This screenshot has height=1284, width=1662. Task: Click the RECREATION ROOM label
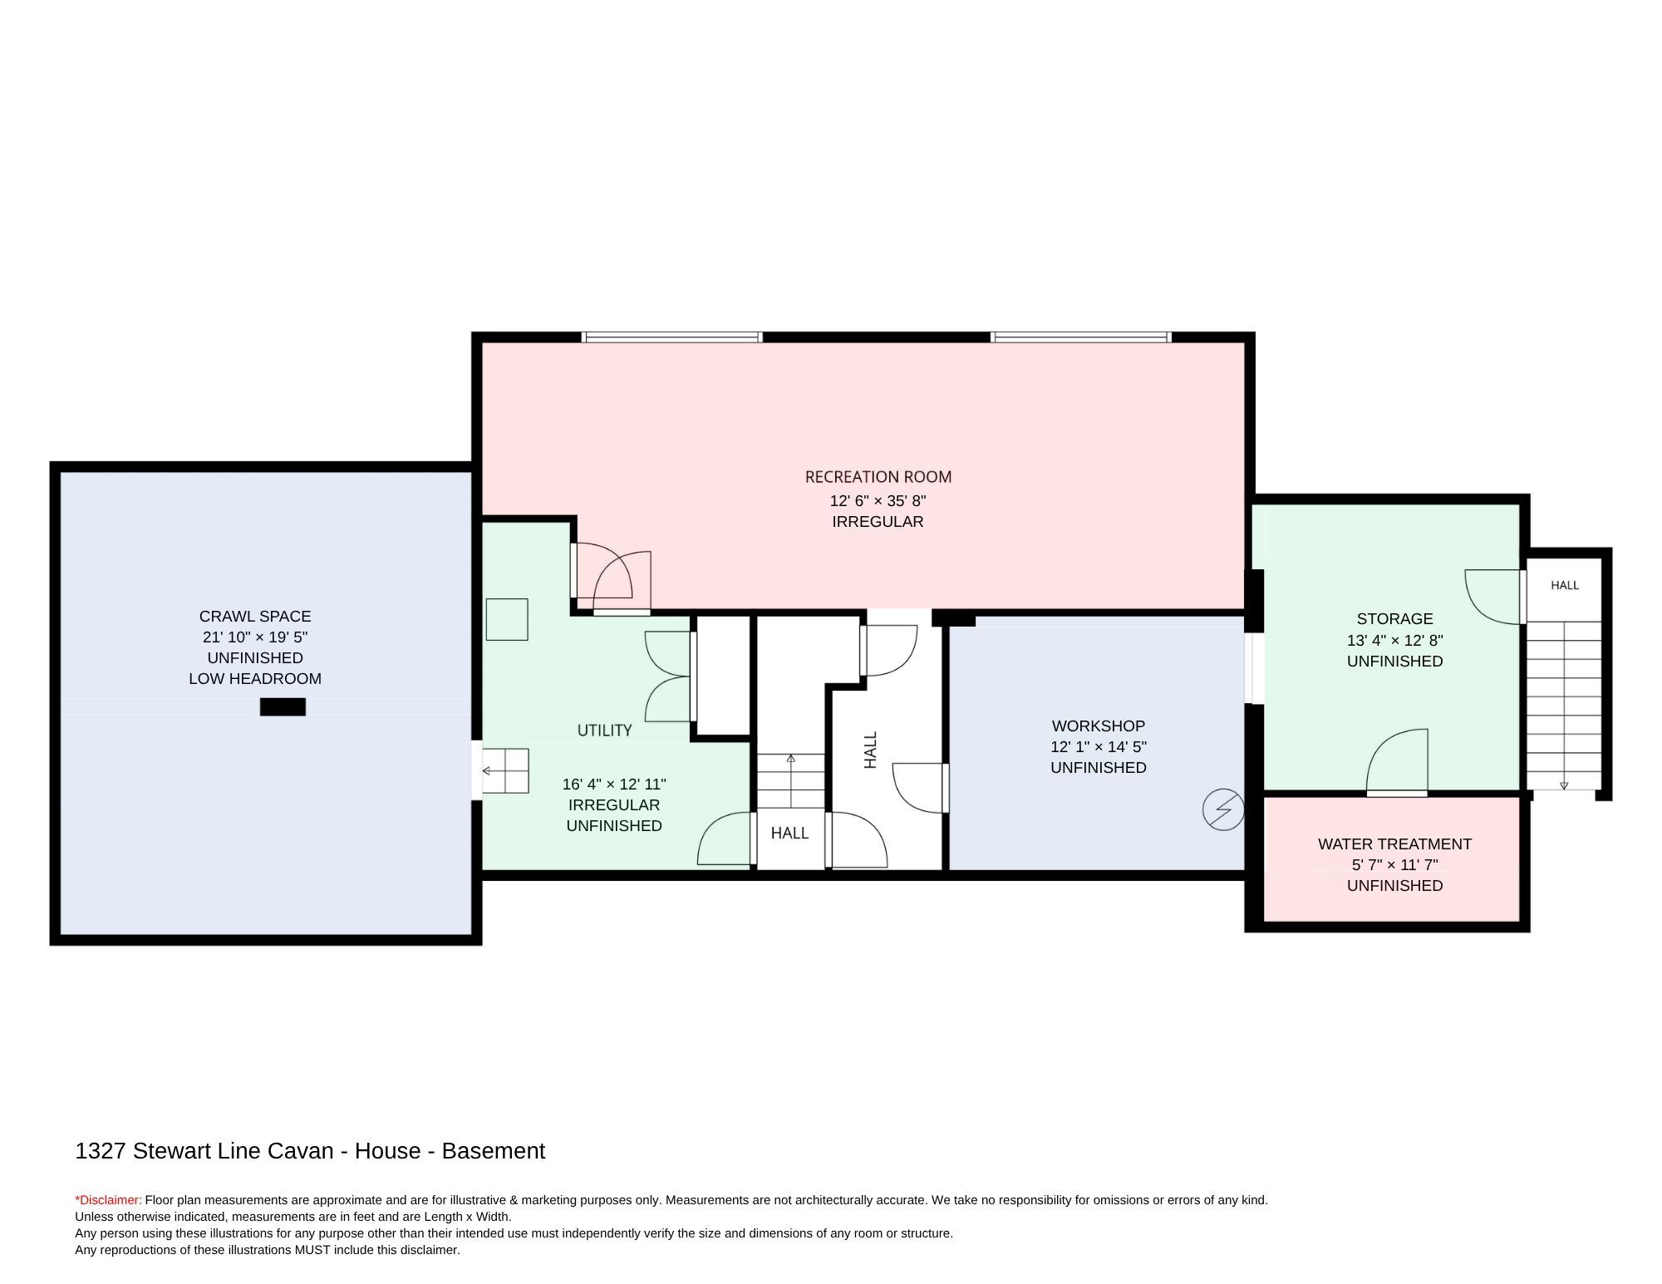(x=878, y=477)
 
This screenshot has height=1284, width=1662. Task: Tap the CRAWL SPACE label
(x=255, y=616)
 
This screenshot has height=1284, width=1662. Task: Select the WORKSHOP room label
(x=1098, y=726)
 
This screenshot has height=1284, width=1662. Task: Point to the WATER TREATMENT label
(x=1394, y=844)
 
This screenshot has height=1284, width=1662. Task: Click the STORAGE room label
(x=1394, y=618)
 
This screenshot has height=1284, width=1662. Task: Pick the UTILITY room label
(x=604, y=730)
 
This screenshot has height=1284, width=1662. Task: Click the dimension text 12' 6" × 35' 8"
(x=878, y=500)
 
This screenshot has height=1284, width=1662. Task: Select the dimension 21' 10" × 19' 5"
(x=255, y=637)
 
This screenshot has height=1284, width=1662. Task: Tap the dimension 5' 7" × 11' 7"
(x=1394, y=864)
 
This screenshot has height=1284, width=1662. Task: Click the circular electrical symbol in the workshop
(x=1223, y=809)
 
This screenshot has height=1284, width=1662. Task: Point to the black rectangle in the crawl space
(x=283, y=706)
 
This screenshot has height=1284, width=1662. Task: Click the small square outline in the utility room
(x=507, y=619)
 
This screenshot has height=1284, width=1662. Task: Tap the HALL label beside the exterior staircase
(x=1564, y=585)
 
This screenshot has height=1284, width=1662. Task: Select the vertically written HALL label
(x=870, y=750)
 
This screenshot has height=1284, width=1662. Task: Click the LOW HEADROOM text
(x=255, y=678)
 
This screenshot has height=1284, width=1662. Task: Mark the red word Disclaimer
(x=109, y=1200)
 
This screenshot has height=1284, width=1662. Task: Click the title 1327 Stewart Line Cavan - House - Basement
(x=310, y=1151)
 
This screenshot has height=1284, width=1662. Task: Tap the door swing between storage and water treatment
(x=1397, y=760)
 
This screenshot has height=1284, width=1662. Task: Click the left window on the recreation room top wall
(x=671, y=337)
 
